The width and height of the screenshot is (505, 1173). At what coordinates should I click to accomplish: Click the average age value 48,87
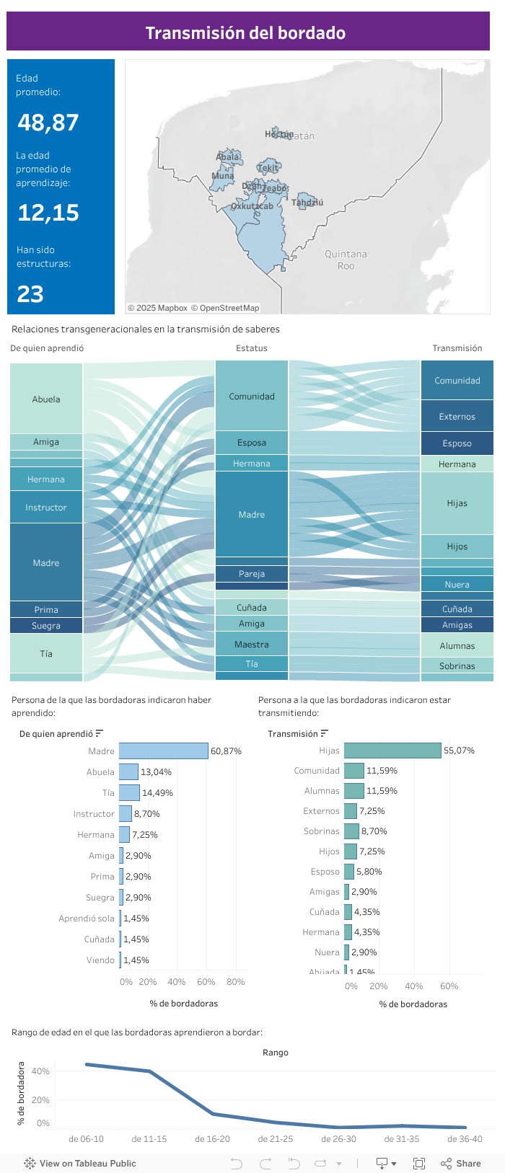pos(48,123)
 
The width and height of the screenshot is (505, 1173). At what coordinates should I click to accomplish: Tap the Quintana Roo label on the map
pos(346,260)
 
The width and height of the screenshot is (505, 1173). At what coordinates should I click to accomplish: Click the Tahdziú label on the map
pos(307,203)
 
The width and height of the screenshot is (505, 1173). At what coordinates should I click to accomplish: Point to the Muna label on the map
pos(222,176)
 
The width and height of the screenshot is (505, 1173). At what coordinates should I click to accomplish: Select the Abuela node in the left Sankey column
pos(46,399)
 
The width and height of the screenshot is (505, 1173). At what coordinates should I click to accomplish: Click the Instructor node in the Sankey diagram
pos(46,508)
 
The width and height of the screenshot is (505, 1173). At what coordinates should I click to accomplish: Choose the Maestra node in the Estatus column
pos(252,645)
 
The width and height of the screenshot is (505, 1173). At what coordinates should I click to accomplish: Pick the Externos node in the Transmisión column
pos(457,417)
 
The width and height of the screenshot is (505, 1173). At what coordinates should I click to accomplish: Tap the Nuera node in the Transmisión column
pos(457,585)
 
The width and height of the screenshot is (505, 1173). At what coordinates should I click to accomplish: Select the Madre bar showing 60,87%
pos(164,751)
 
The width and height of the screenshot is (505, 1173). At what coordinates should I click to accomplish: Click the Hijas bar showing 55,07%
pos(392,751)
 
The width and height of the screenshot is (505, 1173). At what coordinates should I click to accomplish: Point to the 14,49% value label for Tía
pos(157,793)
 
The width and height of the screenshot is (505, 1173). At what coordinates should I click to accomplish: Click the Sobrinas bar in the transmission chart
pos(351,831)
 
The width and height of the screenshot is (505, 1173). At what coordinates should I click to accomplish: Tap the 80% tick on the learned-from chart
pos(235,982)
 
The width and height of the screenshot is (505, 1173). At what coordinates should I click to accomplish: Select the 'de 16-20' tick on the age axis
pos(212,1139)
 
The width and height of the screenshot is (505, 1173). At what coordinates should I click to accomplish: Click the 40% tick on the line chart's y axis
pos(40,1071)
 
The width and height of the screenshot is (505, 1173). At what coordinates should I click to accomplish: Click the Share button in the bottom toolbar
pos(461,1163)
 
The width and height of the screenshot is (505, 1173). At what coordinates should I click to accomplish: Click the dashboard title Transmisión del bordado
pos(246,32)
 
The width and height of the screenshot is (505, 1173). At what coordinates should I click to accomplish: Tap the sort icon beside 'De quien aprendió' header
pos(100,734)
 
